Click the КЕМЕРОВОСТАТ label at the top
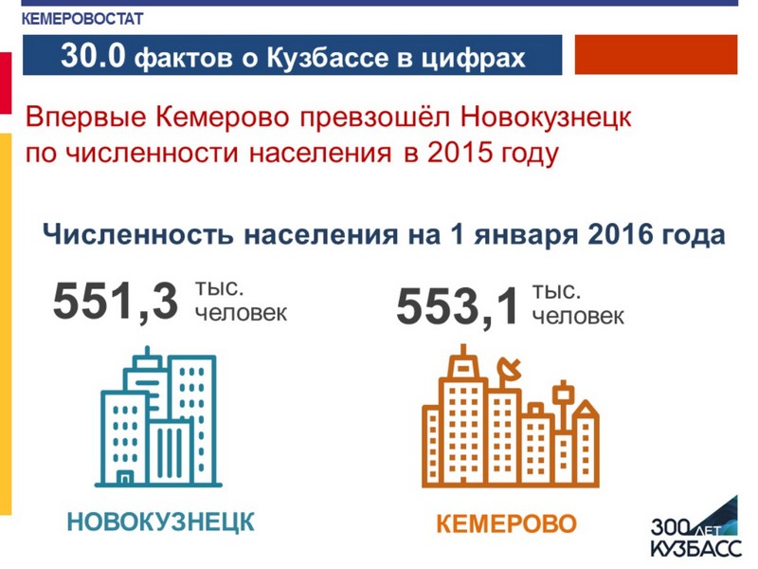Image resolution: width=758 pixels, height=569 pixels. tap(82, 19)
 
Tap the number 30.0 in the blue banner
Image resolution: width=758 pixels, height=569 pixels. tap(93, 55)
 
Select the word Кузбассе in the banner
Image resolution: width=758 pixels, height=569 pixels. tap(328, 57)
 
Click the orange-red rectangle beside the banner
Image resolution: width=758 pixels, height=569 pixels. tap(656, 55)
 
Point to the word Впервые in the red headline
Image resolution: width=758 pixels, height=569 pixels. tap(86, 118)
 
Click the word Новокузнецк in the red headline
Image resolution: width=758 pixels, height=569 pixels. tap(546, 117)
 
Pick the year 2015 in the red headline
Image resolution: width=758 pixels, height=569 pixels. tap(460, 152)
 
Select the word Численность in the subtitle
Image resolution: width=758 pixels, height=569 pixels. tap(137, 234)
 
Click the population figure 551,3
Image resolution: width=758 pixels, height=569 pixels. tap(116, 302)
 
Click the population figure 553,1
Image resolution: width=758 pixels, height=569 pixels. tap(458, 306)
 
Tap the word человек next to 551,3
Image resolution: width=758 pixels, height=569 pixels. tap(241, 313)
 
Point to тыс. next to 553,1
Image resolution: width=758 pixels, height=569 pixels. tap(556, 291)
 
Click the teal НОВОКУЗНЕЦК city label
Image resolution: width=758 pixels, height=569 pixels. tap(160, 523)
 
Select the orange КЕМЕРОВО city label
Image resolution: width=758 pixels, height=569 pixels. tap(506, 524)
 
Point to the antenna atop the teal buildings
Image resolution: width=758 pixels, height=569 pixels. tap(147, 351)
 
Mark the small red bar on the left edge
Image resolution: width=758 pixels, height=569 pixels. tap(6, 83)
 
